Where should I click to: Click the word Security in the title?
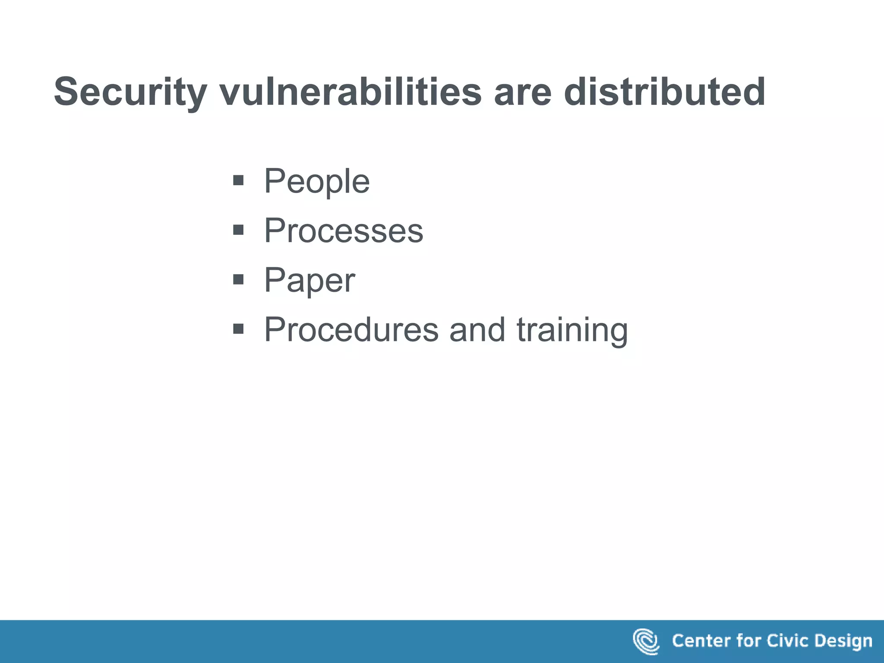129,92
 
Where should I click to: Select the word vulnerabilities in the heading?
350,92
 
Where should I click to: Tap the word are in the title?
522,92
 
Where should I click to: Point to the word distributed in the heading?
665,92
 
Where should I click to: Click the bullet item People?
317,181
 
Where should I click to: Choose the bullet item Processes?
344,230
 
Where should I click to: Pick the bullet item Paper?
309,280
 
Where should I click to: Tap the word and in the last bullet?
477,330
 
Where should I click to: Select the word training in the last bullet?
572,330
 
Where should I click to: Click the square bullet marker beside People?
238,180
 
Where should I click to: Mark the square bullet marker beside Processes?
238,230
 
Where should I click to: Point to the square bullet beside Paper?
238,280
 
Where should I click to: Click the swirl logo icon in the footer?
646,641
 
